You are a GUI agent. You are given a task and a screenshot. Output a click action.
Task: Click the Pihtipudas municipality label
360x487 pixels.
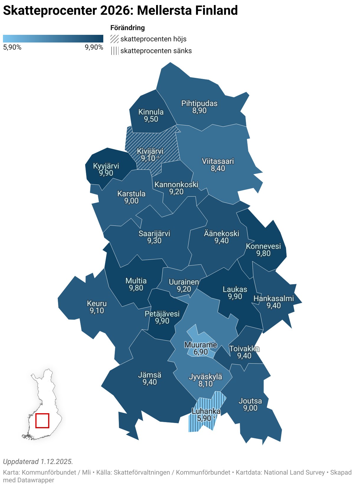(x=199, y=104)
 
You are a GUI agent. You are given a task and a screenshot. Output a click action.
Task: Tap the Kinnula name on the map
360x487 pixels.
(x=151, y=112)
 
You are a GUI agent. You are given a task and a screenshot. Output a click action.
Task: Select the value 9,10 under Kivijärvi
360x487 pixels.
(x=148, y=158)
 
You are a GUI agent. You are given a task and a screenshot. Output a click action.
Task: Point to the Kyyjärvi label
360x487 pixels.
(x=106, y=166)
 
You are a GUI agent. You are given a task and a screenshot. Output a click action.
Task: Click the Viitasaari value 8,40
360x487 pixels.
(x=218, y=169)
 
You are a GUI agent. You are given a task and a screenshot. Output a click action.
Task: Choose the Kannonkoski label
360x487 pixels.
(x=176, y=185)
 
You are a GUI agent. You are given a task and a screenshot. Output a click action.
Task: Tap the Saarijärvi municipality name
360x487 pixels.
(x=154, y=234)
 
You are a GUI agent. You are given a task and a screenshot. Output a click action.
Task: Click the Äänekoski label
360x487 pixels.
(x=221, y=234)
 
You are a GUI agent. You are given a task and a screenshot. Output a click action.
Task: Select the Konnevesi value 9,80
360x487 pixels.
(x=263, y=254)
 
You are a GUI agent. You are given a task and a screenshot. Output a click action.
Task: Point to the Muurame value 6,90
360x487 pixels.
(x=201, y=352)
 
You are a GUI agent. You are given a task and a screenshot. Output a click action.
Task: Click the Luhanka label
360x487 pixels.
(x=206, y=411)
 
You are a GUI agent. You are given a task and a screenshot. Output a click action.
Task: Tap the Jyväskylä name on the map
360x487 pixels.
(x=205, y=377)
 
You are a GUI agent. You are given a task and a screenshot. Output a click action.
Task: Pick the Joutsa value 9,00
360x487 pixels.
(x=250, y=408)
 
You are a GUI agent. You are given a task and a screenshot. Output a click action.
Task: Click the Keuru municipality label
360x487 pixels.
(x=97, y=304)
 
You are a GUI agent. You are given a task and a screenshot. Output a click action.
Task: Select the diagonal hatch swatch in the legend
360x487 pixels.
(x=114, y=39)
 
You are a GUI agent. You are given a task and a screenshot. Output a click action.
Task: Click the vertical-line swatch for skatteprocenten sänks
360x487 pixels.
(x=114, y=51)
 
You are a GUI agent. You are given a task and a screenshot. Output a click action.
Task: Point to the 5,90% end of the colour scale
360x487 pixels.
(x=12, y=48)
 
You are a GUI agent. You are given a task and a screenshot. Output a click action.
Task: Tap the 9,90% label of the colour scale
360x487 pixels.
(x=94, y=48)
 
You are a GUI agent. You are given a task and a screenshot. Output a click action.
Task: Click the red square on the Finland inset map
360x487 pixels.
(x=42, y=421)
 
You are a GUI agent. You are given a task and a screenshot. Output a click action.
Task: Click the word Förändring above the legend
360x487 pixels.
(x=127, y=28)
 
